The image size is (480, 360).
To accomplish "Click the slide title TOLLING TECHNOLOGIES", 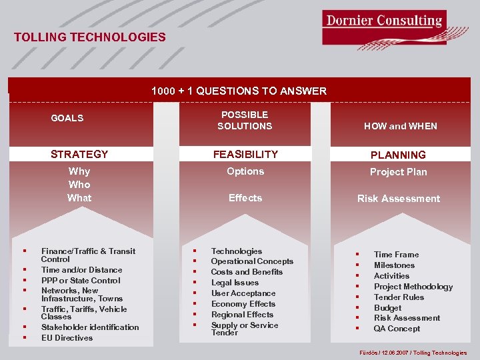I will (90, 37).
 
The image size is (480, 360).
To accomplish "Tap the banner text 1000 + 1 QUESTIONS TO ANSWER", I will (239, 91).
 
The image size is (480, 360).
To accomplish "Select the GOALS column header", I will (67, 118).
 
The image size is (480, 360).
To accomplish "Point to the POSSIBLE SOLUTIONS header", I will (245, 120).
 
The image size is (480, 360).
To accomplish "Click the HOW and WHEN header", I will (400, 125).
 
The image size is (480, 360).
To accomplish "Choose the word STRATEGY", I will (79, 154).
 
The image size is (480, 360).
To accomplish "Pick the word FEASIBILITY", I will (245, 154).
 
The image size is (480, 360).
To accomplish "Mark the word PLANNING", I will (398, 155).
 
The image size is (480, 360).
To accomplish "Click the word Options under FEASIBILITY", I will (245, 171).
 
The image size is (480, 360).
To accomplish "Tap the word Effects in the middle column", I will (245, 197).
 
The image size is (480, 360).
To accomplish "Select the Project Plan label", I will (398, 172).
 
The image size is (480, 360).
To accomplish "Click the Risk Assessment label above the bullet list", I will (398, 199).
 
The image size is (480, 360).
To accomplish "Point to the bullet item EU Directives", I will (67, 337).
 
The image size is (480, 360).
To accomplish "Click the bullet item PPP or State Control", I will (81, 281).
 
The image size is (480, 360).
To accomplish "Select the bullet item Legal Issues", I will (235, 283).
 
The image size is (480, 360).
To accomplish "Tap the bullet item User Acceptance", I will (243, 293).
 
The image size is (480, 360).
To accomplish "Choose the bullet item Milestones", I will (394, 265).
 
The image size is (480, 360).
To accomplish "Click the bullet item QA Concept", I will (397, 329).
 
